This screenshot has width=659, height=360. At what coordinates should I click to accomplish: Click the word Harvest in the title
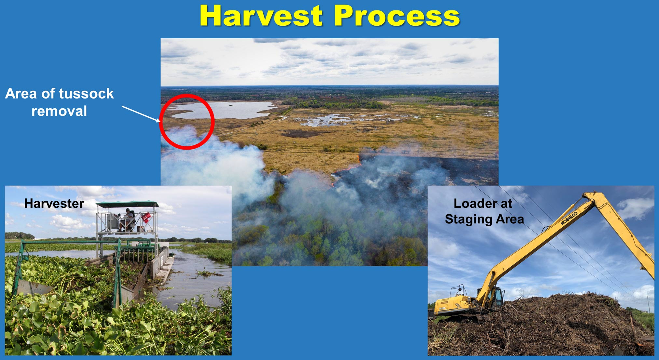click(261, 16)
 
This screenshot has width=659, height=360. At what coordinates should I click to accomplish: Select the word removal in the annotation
click(59, 111)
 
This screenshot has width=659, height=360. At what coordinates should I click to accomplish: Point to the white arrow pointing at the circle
click(141, 114)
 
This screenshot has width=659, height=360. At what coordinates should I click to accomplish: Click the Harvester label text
click(54, 204)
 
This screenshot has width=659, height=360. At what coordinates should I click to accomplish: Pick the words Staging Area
click(484, 219)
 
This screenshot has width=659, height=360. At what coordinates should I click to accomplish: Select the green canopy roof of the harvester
click(127, 204)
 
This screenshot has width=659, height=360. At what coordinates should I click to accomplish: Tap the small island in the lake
click(231, 105)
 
